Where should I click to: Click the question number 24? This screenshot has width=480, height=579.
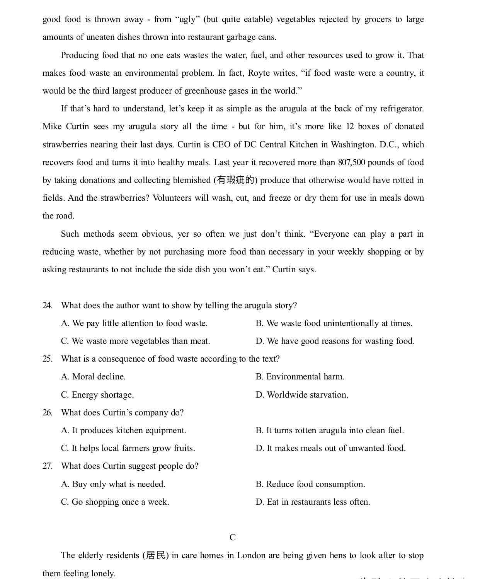coord(47,306)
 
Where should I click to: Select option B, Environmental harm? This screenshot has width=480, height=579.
coord(300,377)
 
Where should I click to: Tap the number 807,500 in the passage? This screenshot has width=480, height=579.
coord(351,162)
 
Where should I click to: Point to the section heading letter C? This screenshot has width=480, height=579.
coord(232,537)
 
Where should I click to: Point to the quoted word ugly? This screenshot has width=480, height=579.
coord(187,19)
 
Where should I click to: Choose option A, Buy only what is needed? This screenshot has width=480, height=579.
coord(113,484)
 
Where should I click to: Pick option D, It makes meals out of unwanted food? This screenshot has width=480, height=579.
coord(330,448)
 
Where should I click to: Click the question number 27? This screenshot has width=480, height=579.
coord(47,466)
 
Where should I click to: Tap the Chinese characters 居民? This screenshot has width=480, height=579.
coord(156,555)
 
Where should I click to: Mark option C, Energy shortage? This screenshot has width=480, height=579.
coord(97,395)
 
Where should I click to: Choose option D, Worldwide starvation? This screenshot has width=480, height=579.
coord(302,395)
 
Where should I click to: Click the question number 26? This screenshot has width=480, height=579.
coord(47,413)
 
